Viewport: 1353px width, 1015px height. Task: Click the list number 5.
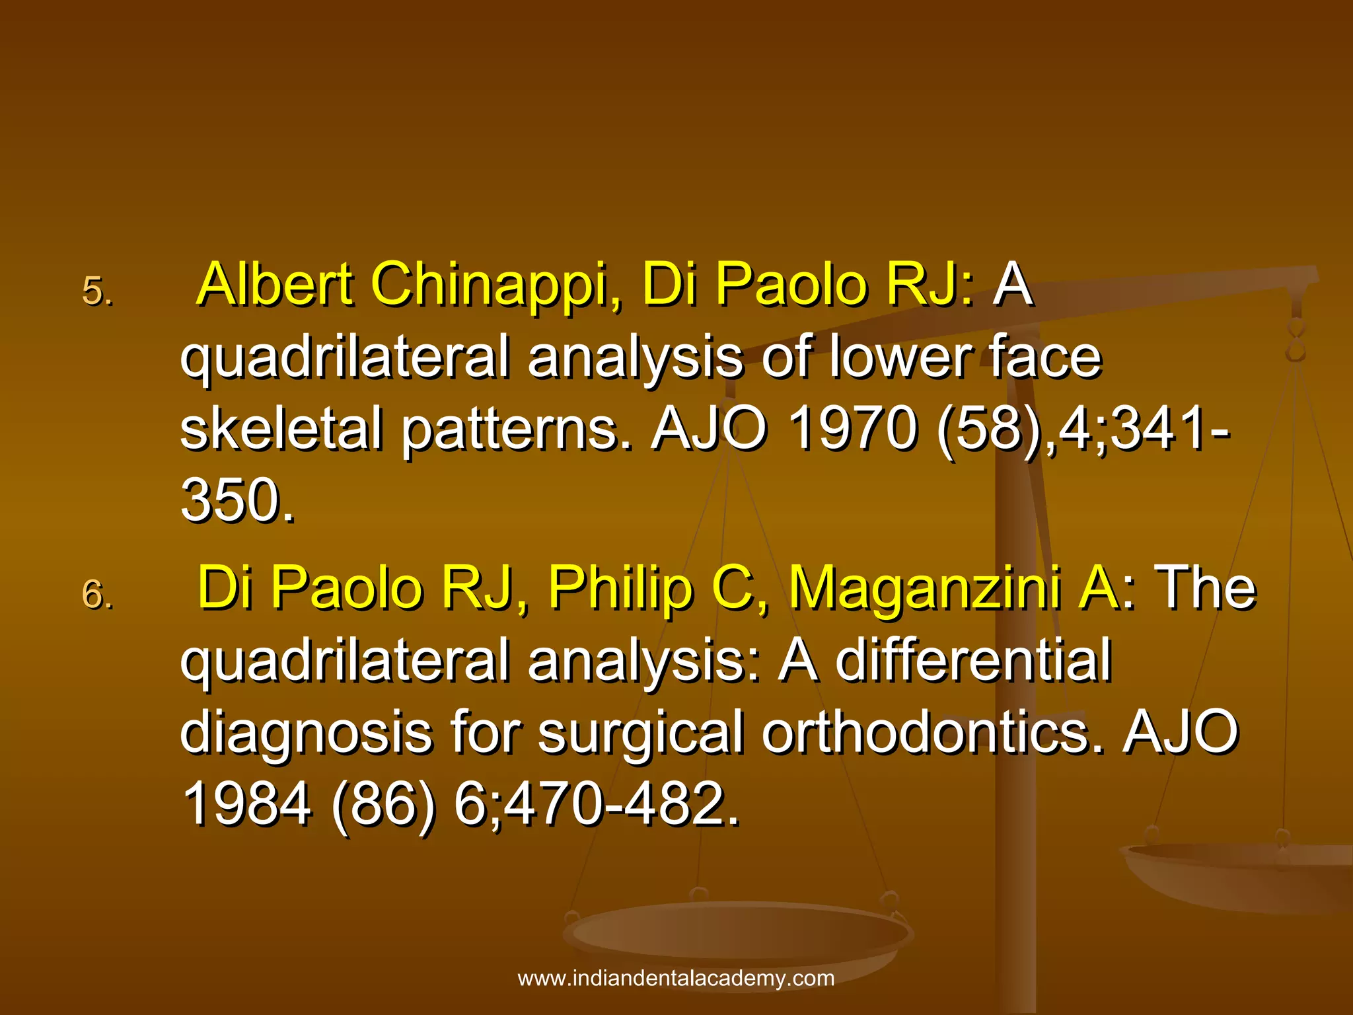click(97, 291)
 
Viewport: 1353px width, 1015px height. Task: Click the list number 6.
click(97, 594)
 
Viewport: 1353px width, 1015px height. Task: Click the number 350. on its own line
click(237, 500)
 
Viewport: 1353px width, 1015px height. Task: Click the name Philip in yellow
click(619, 588)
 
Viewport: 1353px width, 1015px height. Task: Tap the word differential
click(974, 660)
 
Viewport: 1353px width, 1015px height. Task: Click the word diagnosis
click(306, 733)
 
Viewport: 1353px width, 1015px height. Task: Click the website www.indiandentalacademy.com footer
click(676, 978)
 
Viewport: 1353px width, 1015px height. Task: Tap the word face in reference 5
click(1045, 357)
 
